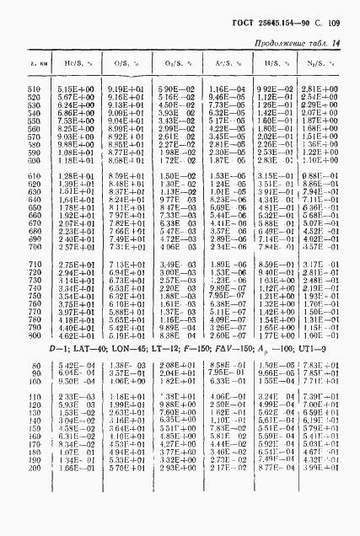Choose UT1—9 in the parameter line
pyautogui.click(x=314, y=349)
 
